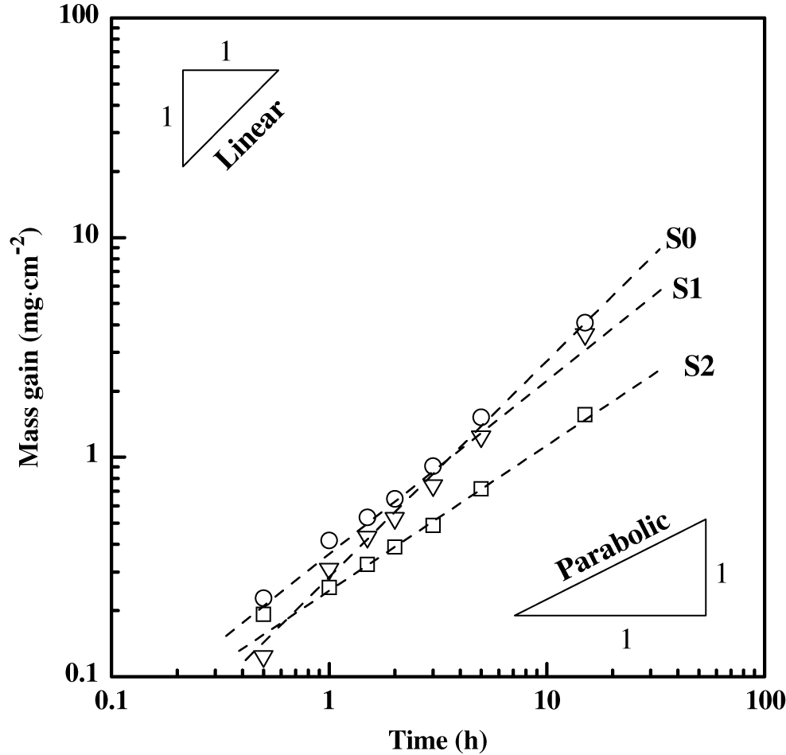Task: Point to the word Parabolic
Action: pyautogui.click(x=613, y=551)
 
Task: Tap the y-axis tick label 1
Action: pyautogui.click(x=95, y=457)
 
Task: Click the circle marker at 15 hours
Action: pyautogui.click(x=585, y=322)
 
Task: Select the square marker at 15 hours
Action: pyautogui.click(x=585, y=414)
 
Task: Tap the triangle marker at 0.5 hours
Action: pyautogui.click(x=263, y=658)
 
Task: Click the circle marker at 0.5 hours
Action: pyautogui.click(x=263, y=598)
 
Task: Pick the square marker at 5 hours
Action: pyautogui.click(x=481, y=488)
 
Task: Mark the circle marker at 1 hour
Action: pyautogui.click(x=329, y=540)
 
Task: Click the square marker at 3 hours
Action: pyautogui.click(x=433, y=525)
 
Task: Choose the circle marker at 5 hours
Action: pyautogui.click(x=481, y=417)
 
